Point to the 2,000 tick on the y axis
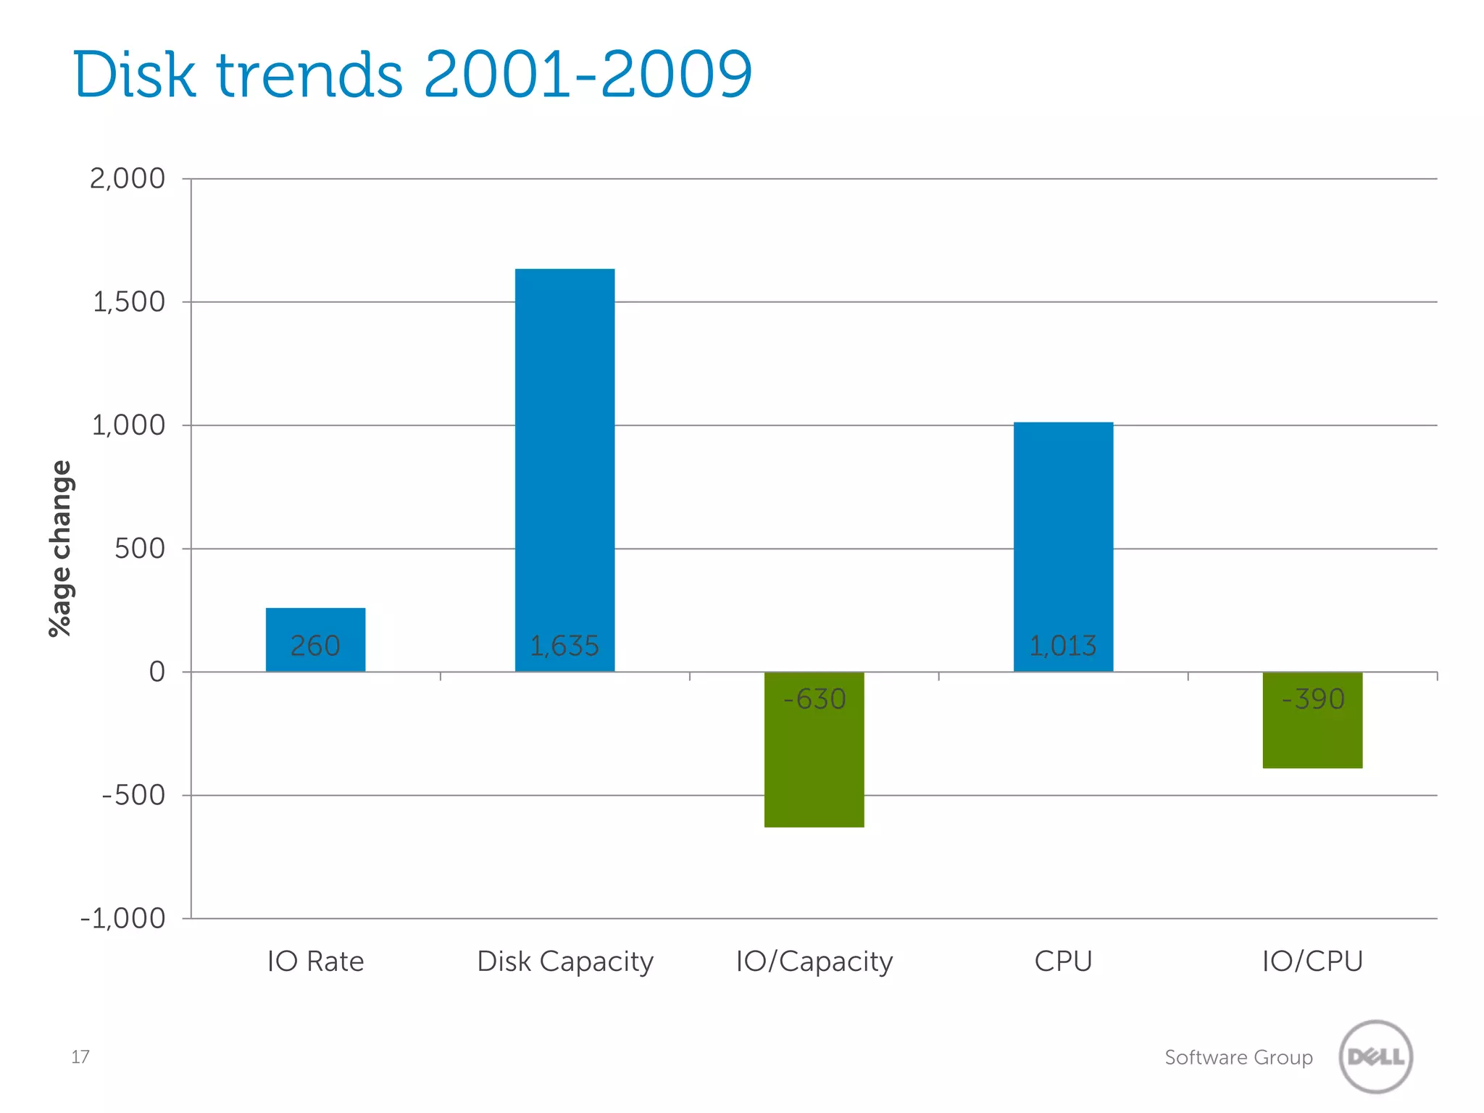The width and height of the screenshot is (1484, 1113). pyautogui.click(x=128, y=178)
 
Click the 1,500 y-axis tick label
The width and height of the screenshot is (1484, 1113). pyautogui.click(x=129, y=302)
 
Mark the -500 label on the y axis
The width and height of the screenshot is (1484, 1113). pyautogui.click(x=134, y=796)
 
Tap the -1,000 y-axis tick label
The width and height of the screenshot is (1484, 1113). pyautogui.click(x=123, y=919)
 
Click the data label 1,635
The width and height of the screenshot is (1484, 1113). pyautogui.click(x=564, y=646)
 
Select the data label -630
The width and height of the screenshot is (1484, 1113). pyautogui.click(x=814, y=699)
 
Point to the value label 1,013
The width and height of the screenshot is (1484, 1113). pyautogui.click(x=1063, y=646)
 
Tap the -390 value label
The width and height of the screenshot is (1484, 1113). pyautogui.click(x=1313, y=699)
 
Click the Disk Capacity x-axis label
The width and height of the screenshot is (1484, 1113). pyautogui.click(x=565, y=962)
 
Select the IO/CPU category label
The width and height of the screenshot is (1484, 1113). pyautogui.click(x=1312, y=962)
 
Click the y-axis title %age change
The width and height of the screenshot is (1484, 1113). pyautogui.click(x=61, y=549)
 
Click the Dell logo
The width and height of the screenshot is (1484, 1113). pyautogui.click(x=1375, y=1056)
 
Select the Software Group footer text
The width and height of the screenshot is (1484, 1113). pyautogui.click(x=1238, y=1057)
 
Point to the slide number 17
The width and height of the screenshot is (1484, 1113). pyautogui.click(x=80, y=1057)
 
